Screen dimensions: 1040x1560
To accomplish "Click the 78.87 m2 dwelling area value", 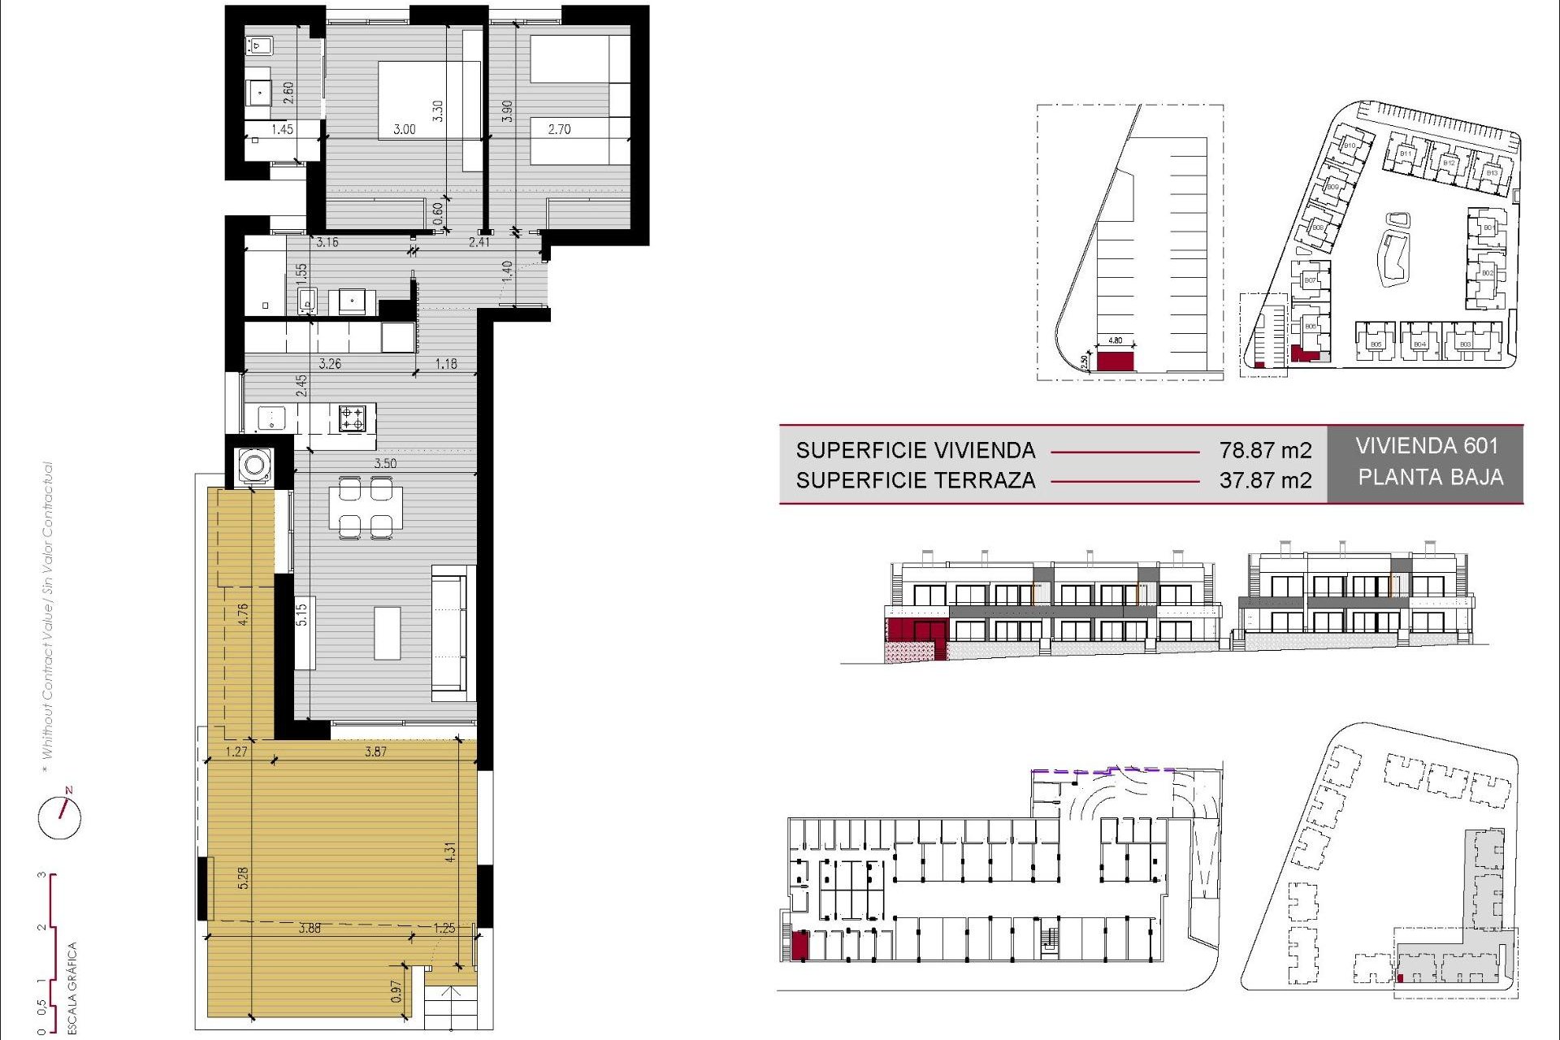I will tap(1264, 450).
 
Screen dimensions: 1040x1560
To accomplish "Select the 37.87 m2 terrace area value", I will tap(1264, 480).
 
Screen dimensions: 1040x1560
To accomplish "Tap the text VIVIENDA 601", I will tap(1426, 446).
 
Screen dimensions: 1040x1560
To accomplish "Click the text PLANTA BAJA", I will tap(1430, 477).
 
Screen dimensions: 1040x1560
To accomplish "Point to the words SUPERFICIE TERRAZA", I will tap(915, 480).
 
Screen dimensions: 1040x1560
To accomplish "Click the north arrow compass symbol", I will tap(60, 816).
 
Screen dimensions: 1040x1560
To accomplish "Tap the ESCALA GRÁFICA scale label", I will tap(71, 987).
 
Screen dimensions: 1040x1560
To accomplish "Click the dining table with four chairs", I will tap(366, 508).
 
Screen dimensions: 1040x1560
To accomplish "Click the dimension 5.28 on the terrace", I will tap(243, 877).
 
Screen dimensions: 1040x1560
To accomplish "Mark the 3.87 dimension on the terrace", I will tap(375, 752).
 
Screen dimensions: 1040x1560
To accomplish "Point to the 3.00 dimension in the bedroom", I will tap(404, 129).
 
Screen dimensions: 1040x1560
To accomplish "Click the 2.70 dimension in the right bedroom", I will tap(559, 129).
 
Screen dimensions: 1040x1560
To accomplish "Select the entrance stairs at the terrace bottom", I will tap(455, 1007).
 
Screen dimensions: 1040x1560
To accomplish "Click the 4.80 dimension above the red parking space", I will tap(1116, 340).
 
